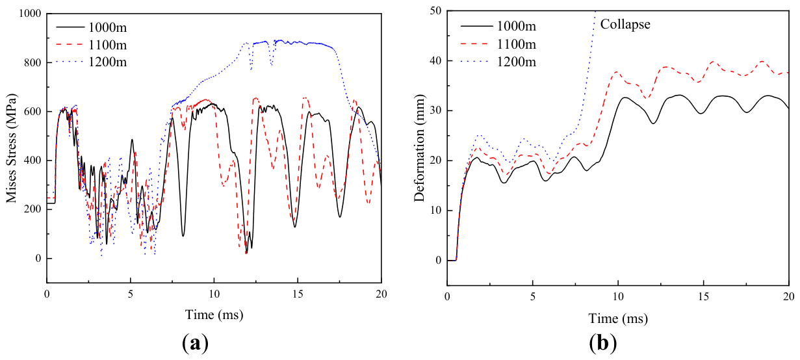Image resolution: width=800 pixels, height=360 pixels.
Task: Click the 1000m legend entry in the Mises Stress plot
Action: point(92,27)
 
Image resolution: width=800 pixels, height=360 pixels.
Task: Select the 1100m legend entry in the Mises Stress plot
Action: point(92,45)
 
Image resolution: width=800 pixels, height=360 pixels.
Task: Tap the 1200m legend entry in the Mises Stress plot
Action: point(92,62)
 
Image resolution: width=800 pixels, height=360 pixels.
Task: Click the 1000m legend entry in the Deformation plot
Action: point(498,26)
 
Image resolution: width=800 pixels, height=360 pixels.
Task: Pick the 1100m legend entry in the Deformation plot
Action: point(498,44)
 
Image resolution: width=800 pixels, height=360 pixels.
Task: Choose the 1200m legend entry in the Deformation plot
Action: point(498,62)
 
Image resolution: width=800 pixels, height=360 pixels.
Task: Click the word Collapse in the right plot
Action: point(625,25)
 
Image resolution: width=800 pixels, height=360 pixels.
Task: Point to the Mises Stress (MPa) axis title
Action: point(12,149)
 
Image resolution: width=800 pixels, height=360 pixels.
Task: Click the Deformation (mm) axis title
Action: point(419,148)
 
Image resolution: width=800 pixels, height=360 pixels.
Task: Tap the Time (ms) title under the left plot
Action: point(214,315)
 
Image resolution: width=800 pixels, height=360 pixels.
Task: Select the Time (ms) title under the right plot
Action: point(618,318)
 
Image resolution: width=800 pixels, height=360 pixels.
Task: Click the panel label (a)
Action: point(195,343)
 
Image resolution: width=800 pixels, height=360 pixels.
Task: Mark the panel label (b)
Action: point(603,343)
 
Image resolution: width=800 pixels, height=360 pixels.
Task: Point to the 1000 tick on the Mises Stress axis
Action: point(30,14)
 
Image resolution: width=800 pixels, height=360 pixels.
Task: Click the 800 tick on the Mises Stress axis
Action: point(33,62)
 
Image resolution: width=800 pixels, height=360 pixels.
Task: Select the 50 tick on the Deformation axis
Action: point(435,11)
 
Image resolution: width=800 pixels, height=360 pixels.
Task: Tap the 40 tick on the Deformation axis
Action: point(435,61)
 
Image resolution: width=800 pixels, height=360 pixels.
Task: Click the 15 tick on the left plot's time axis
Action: point(298,294)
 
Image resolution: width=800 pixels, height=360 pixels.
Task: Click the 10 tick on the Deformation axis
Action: point(435,211)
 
